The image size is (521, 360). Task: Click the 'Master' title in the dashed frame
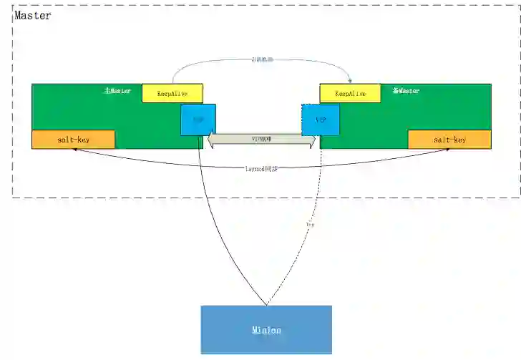coord(33,15)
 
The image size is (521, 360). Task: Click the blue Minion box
coord(266,329)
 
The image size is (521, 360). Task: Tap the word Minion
coord(266,330)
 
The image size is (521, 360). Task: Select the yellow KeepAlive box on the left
coord(172,93)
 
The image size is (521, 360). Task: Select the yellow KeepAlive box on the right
coord(350,93)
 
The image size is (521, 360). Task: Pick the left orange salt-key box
coord(73,140)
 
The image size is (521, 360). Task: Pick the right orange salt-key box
coord(449,140)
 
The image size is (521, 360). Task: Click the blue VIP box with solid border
coord(198,120)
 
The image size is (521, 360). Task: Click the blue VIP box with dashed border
coord(320,120)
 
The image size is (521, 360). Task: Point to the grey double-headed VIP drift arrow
coord(261,141)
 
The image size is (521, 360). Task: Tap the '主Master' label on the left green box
coord(117,91)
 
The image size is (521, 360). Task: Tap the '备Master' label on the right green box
coord(406,91)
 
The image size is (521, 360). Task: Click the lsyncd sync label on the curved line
coord(261,168)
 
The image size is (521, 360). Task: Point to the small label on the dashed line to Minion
coord(310,225)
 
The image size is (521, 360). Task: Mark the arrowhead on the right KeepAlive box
coord(349,81)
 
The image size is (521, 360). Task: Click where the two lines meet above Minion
coord(266,303)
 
